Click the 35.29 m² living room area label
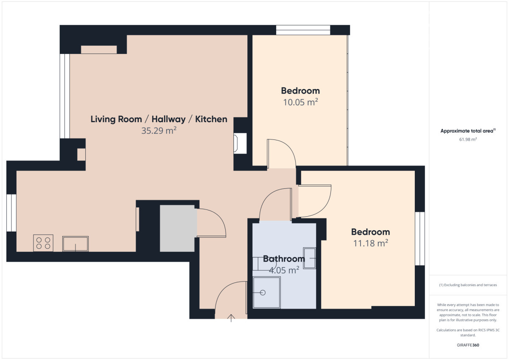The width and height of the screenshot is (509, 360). click(x=159, y=131)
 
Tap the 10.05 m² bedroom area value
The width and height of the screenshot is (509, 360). click(x=300, y=102)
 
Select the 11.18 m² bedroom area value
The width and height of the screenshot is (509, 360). click(x=371, y=243)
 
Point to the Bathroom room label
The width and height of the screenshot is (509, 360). click(x=284, y=259)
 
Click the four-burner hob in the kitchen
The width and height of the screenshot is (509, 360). click(x=43, y=243)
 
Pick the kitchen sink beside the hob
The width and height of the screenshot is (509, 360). click(x=76, y=244)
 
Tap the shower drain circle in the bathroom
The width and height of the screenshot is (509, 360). click(x=263, y=293)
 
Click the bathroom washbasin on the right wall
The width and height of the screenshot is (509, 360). click(x=310, y=258)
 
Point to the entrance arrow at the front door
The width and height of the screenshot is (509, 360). click(x=231, y=318)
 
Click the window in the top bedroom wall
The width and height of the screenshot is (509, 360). click(x=303, y=30)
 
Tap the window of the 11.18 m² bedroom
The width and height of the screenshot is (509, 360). click(x=420, y=238)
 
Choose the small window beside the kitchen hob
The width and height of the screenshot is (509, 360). click(x=11, y=213)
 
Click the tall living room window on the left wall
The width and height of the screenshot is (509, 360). click(x=65, y=96)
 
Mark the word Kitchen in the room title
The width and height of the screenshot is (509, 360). click(x=211, y=119)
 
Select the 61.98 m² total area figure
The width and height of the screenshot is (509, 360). click(x=468, y=139)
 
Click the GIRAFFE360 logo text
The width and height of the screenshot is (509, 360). click(x=468, y=345)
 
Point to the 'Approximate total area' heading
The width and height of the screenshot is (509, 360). click(x=468, y=131)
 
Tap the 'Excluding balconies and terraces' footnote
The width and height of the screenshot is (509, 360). click(x=468, y=285)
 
